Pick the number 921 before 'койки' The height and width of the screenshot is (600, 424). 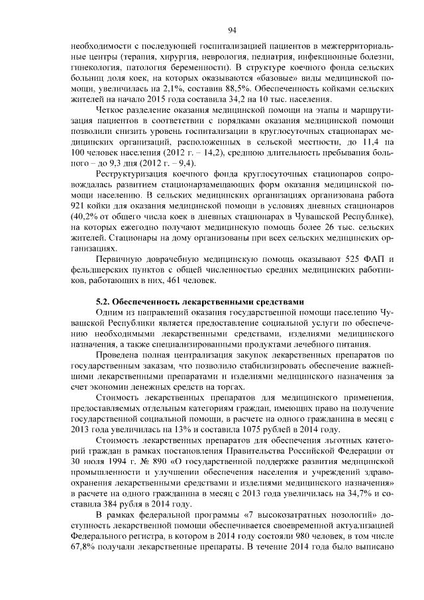[x=80, y=206]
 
